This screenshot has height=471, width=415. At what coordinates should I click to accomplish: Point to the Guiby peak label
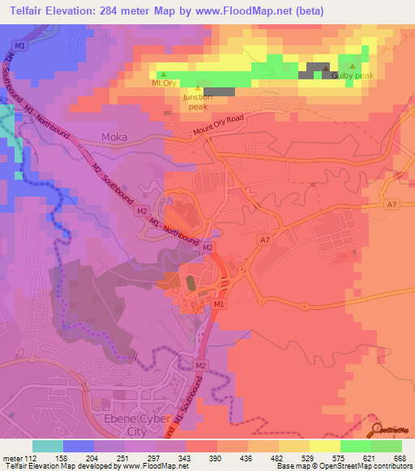click(x=355, y=75)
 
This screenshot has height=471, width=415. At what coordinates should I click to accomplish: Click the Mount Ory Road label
click(x=219, y=128)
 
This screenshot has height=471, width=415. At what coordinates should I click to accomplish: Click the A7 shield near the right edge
click(x=392, y=205)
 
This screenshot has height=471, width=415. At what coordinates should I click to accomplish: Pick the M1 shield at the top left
click(x=21, y=46)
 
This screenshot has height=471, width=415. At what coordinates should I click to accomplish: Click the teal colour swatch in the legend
click(x=48, y=446)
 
